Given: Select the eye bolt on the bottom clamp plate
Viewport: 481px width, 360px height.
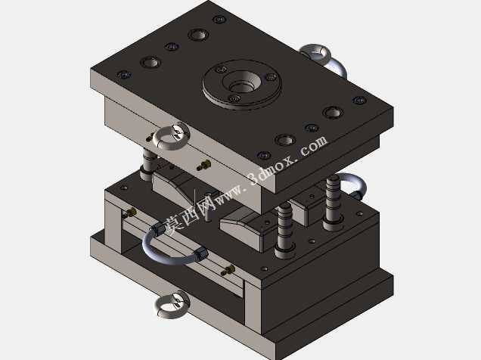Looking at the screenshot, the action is [171, 305].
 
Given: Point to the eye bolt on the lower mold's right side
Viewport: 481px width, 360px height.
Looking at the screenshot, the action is [352, 185].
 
